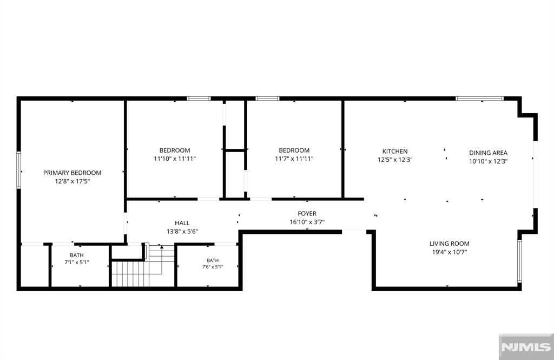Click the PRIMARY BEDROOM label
pyautogui.click(x=72, y=173)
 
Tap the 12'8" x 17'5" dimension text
pyautogui.click(x=72, y=181)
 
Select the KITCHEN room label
pyautogui.click(x=395, y=151)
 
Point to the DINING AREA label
pyautogui.click(x=489, y=153)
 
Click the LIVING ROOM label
pyautogui.click(x=450, y=243)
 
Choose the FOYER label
pyautogui.click(x=307, y=213)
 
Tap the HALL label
pyautogui.click(x=182, y=223)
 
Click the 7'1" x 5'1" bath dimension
pyautogui.click(x=77, y=263)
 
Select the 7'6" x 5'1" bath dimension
pyautogui.click(x=213, y=267)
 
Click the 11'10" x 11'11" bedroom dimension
pyautogui.click(x=175, y=159)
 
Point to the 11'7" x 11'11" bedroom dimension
pyautogui.click(x=294, y=159)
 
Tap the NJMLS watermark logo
pyautogui.click(x=526, y=347)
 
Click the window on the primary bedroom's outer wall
pyautogui.click(x=19, y=170)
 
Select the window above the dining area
pyautogui.click(x=479, y=99)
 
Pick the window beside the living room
pyautogui.click(x=519, y=261)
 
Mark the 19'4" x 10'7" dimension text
pyautogui.click(x=450, y=252)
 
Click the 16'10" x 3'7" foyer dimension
pyautogui.click(x=307, y=222)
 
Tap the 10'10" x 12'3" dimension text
pyautogui.click(x=489, y=161)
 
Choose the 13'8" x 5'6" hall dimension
pyautogui.click(x=182, y=232)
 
